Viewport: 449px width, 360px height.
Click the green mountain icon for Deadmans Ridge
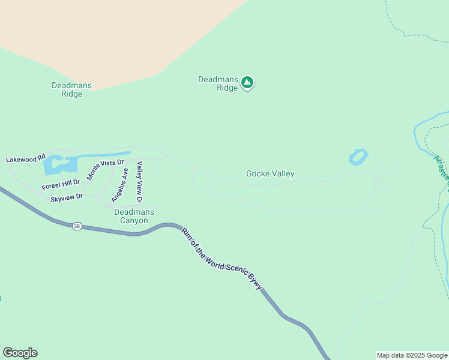(x=247, y=83)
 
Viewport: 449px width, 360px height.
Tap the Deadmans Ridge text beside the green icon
(x=218, y=83)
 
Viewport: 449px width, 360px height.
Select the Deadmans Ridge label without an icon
(x=71, y=89)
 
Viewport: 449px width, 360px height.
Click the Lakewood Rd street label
(x=26, y=160)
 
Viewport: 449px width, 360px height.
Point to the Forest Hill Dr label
(x=61, y=184)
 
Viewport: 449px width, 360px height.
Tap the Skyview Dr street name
(x=66, y=197)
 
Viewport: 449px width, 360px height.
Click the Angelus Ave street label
(x=119, y=185)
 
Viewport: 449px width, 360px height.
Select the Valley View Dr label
(x=139, y=182)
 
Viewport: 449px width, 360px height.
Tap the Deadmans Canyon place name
(x=134, y=216)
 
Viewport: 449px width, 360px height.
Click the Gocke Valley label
(x=270, y=174)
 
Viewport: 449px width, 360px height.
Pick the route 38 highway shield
(x=76, y=226)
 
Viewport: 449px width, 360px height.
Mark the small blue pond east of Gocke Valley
(x=358, y=158)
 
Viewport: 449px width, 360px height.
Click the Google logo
(x=20, y=353)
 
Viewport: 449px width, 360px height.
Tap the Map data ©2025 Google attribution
(x=412, y=355)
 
